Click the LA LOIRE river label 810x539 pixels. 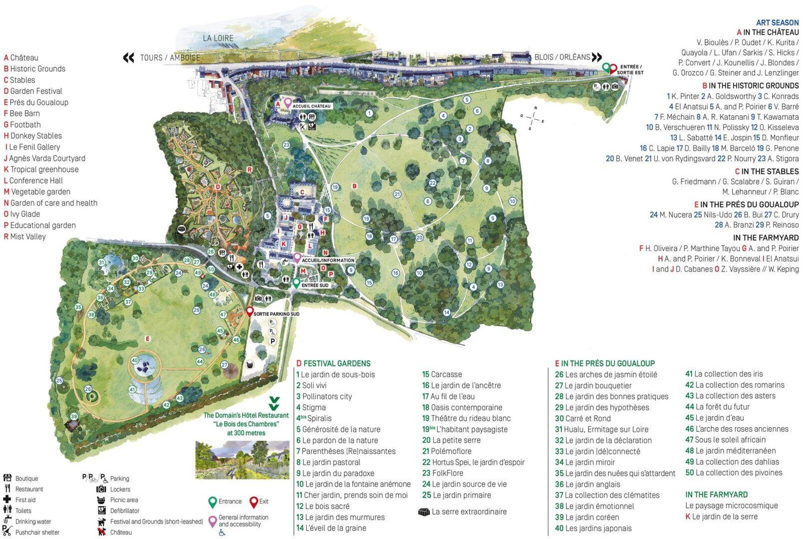point(218,38)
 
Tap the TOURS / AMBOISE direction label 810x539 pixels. point(170,58)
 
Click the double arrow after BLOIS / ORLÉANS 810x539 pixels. point(597,57)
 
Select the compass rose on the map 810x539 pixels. point(533,118)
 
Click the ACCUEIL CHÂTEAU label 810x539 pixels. point(311,106)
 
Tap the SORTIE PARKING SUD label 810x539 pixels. point(276,314)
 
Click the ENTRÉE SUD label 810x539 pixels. point(315,285)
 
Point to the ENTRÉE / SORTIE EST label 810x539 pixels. point(630,70)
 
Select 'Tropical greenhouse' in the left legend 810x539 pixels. point(44,169)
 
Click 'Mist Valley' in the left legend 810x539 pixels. point(28,237)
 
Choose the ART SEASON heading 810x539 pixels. point(777,23)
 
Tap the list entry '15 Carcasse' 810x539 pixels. point(442,375)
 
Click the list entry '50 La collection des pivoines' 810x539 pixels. point(734,473)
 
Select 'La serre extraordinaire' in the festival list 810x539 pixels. point(469,512)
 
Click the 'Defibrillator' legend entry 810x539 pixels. point(125,511)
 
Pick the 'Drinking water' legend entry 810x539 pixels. point(33,521)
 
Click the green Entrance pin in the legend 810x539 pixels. point(213,502)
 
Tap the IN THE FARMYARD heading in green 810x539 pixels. point(716,495)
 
